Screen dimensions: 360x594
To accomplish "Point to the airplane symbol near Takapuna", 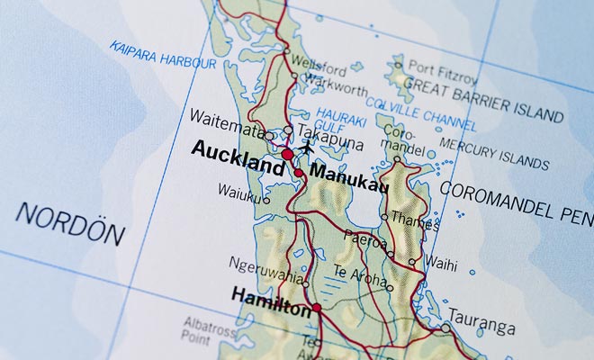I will (x=309, y=146).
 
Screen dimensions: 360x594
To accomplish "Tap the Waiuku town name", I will (x=238, y=191).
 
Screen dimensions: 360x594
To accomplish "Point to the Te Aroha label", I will (x=358, y=274).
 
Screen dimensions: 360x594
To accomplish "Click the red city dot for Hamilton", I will (x=317, y=308).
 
